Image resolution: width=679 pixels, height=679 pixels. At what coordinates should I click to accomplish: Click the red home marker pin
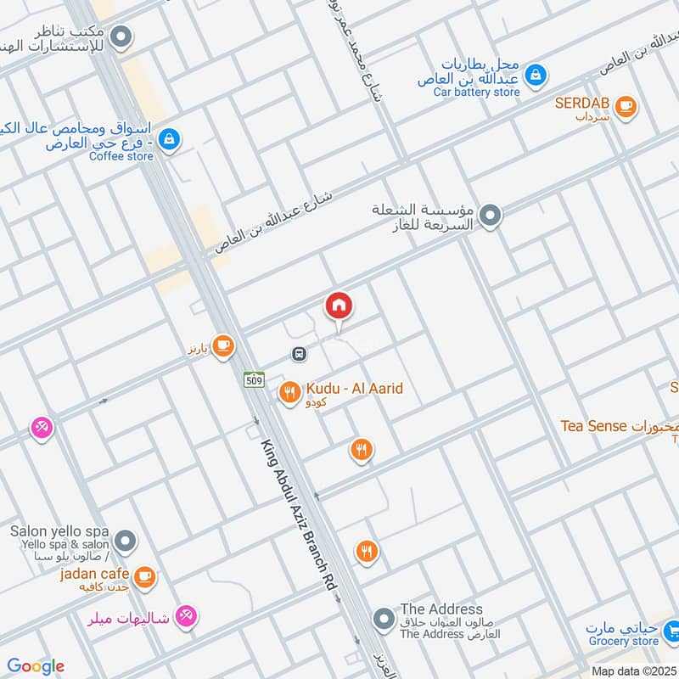339,306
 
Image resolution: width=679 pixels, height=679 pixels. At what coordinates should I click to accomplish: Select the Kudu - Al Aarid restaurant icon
290,392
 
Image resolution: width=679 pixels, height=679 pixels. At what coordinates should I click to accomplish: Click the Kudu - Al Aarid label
354,389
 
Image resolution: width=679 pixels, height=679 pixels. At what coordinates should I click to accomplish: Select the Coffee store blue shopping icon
169,138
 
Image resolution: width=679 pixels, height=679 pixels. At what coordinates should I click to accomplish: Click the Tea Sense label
593,426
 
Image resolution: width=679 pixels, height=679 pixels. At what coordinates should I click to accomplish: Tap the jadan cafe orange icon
145,576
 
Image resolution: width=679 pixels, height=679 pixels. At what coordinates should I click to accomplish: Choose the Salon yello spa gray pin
126,540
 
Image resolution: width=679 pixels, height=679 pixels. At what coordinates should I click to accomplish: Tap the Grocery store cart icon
671,630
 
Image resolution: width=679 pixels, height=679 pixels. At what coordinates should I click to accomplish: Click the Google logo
36,666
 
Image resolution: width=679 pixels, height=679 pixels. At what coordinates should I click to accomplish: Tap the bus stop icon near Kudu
299,353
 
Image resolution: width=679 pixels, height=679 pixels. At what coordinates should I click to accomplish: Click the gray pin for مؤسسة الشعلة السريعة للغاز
490,216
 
